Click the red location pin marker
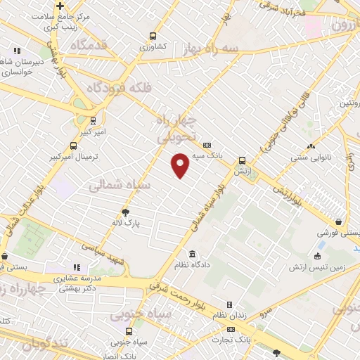tap(181, 165)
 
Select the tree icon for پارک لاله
tap(126, 211)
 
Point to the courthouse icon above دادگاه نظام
tap(192, 254)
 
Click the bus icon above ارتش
tap(242, 160)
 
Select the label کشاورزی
tap(153, 47)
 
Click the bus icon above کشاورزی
tap(153, 37)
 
